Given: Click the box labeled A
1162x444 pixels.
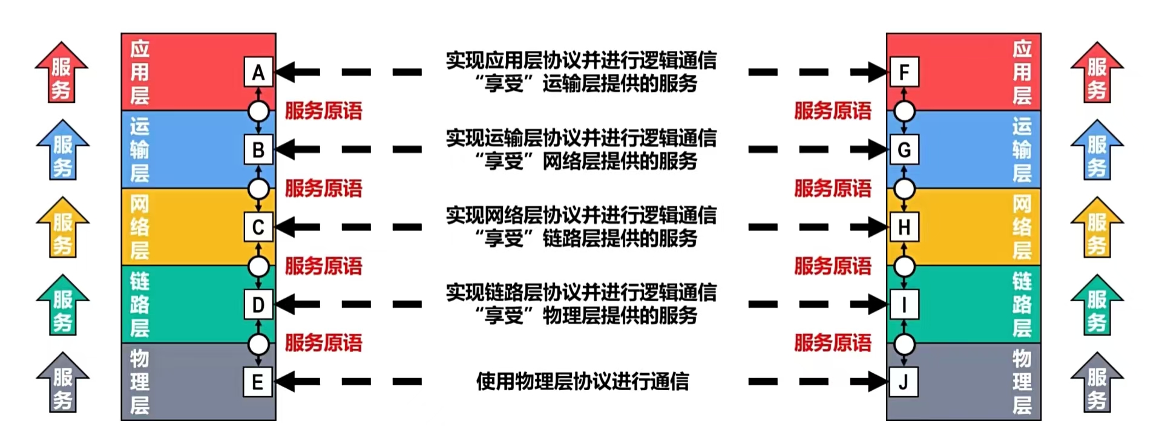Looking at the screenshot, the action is pos(258,72).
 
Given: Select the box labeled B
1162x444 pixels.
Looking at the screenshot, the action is pos(258,149).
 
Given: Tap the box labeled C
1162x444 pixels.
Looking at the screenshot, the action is pos(258,227).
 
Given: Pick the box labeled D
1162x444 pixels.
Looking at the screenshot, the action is pos(258,304).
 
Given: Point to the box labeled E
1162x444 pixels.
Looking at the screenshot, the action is pos(258,382).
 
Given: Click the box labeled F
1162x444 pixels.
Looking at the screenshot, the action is pos(904,72).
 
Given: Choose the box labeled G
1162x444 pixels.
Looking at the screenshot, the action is pos(904,149).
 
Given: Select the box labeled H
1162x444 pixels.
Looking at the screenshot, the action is pos(904,227).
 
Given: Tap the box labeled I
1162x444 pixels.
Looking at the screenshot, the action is pos(904,304).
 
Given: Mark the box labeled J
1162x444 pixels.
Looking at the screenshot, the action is pos(904,382).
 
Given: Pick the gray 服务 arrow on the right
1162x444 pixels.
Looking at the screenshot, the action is pos(1097,384).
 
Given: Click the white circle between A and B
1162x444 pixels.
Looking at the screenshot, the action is pos(259,111).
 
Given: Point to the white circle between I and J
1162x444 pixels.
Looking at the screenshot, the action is pos(904,344).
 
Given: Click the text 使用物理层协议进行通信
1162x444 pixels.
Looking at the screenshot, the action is pos(582,382).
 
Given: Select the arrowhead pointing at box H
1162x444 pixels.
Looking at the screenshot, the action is pos(878,227).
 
